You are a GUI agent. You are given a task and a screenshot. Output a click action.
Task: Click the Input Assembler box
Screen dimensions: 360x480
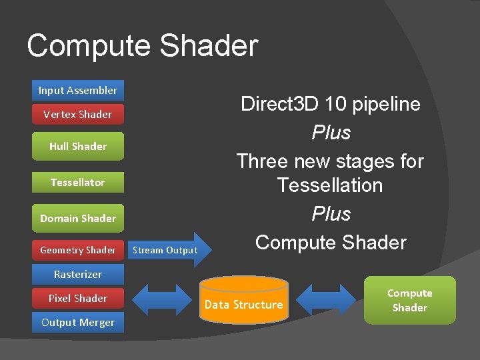coord(78,90)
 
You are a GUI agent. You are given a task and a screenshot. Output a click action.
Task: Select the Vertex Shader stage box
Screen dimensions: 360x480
coord(78,114)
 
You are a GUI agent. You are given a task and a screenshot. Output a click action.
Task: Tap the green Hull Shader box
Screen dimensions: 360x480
coord(78,146)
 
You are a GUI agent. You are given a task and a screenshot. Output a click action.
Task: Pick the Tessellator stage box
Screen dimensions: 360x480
coord(78,182)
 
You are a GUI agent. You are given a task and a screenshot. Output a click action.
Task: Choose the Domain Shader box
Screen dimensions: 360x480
coord(78,218)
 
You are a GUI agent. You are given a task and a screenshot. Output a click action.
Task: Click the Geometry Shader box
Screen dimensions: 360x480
coord(78,250)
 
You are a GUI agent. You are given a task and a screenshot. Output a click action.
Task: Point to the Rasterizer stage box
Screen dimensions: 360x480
coord(78,274)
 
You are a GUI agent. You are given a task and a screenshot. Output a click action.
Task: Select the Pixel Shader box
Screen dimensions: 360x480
coord(78,298)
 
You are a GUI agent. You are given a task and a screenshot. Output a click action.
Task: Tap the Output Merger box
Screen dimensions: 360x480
coord(78,322)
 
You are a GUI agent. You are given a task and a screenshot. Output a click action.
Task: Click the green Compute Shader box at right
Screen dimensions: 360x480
coord(409,300)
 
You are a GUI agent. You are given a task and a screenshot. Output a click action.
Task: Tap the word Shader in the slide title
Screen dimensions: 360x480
coord(209,46)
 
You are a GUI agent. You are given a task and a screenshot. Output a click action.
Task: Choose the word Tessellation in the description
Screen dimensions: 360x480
coord(330,185)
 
